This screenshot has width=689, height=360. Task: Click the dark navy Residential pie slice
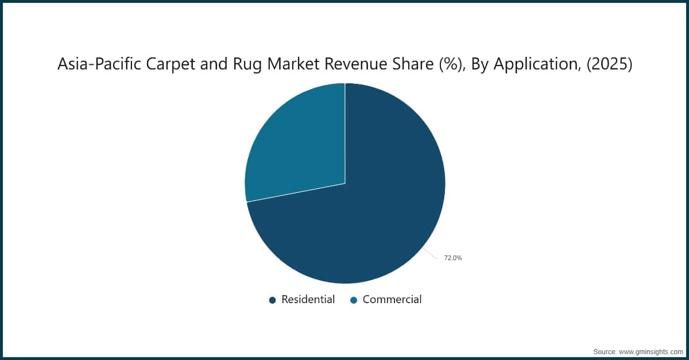tap(367, 218)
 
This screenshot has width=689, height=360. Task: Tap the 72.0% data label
tap(452, 258)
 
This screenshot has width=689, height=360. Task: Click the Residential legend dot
tap(273, 300)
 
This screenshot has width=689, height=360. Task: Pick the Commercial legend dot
tap(354, 300)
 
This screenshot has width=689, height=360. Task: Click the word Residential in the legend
tap(308, 299)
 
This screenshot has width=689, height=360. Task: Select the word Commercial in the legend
tap(392, 299)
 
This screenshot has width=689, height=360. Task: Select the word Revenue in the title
tap(325, 65)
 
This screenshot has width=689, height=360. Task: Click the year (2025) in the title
tap(609, 65)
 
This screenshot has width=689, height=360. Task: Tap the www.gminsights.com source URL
tap(651, 351)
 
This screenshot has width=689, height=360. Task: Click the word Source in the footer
tap(604, 351)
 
